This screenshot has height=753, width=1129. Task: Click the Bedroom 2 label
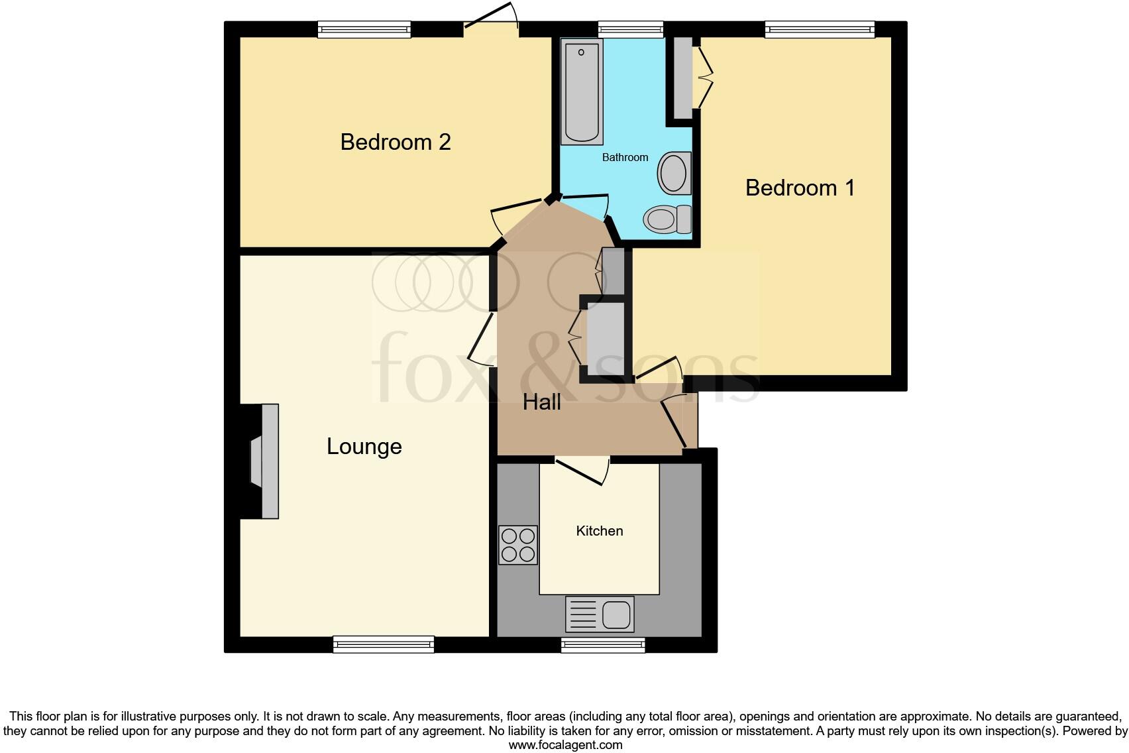(x=396, y=142)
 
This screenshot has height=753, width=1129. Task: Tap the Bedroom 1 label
(x=800, y=188)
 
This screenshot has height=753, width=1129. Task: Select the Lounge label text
(x=364, y=446)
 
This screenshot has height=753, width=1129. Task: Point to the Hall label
(x=541, y=402)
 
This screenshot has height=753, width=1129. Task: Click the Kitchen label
(x=599, y=531)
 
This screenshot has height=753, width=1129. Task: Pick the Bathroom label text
(x=625, y=157)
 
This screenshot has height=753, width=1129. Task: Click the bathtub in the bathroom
(x=582, y=91)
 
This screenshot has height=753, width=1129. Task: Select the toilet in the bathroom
(x=667, y=219)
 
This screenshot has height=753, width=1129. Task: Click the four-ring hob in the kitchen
(x=518, y=545)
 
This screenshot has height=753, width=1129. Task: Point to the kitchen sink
(x=600, y=614)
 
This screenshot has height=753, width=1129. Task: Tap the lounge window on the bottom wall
(x=384, y=644)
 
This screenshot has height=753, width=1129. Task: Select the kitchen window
(x=603, y=645)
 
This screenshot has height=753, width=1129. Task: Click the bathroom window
(x=630, y=29)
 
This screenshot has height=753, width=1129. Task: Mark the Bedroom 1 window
(x=820, y=29)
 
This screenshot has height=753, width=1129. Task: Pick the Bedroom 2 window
(x=364, y=29)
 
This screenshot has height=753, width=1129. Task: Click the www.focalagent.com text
(x=565, y=745)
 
